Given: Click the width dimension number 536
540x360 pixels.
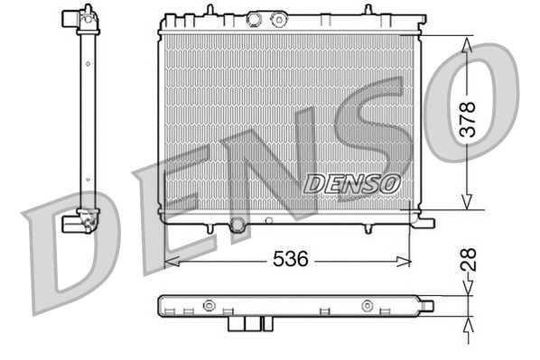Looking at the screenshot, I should coord(291,259).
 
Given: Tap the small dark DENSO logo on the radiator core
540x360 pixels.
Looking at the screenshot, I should coord(352,182).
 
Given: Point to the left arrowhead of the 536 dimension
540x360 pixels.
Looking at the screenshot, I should coord(170,260).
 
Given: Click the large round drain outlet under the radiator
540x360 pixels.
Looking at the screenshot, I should coord(237,224).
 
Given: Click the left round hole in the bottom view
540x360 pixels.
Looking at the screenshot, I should coord(208,304).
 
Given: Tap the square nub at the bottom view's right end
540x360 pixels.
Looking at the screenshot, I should coord(425,306).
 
